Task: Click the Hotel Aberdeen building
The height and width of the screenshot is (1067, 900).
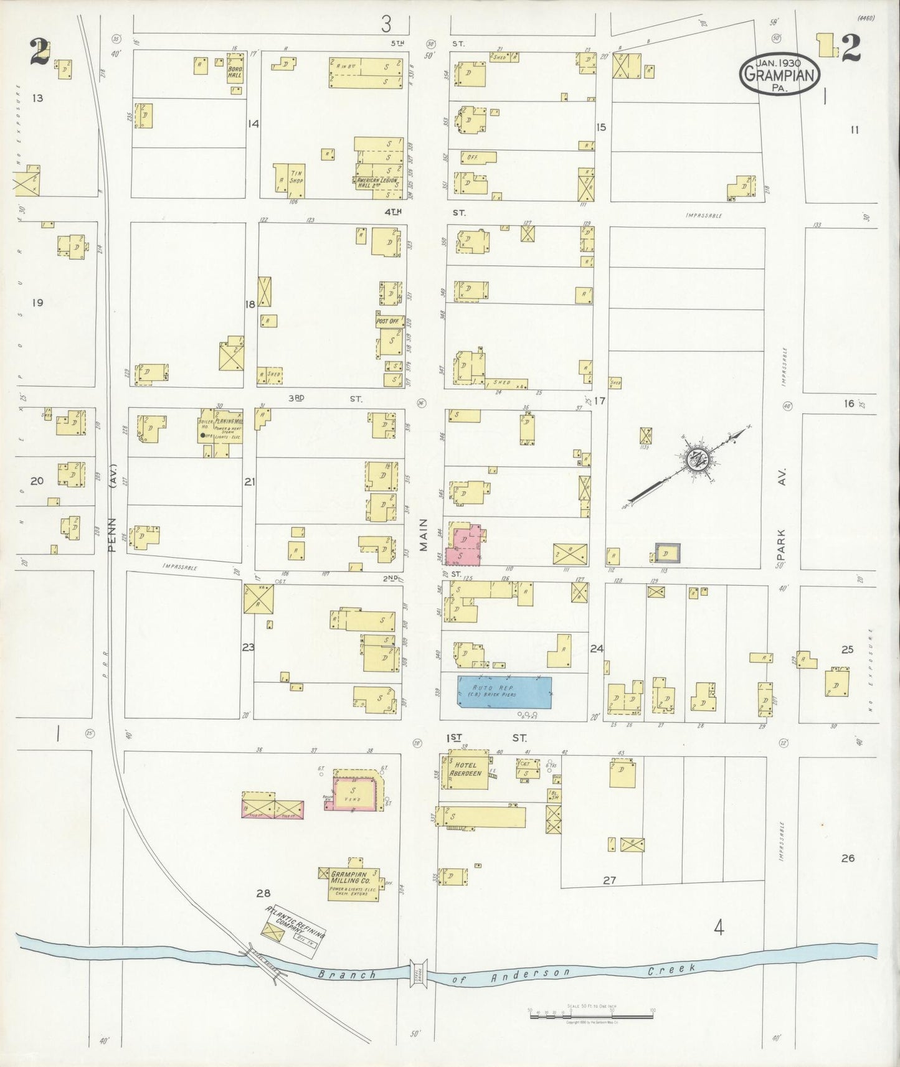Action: point(464,771)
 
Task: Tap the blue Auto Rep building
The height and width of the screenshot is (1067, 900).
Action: point(504,692)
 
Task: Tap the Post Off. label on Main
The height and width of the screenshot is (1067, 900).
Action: point(387,321)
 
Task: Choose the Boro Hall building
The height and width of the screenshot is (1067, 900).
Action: point(235,72)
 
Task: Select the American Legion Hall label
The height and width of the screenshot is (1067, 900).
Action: point(376,182)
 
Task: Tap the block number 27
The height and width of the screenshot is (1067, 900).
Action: point(609,880)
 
